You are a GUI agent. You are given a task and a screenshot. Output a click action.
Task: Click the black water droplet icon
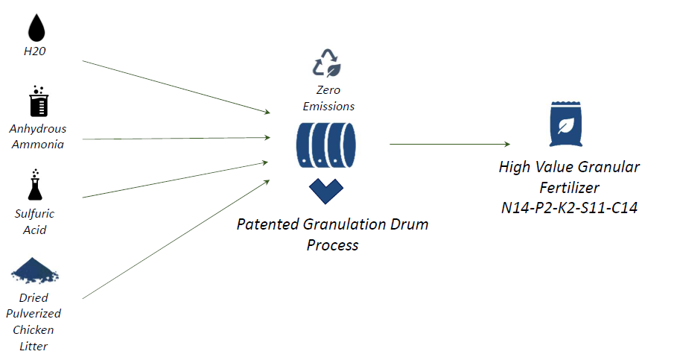36,28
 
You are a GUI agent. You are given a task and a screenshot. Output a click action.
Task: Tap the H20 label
35,51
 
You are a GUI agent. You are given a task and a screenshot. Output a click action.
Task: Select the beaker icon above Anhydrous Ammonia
39,101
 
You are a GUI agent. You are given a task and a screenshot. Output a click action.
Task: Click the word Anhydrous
38,129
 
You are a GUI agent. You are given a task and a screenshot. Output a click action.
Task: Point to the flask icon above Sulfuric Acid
35,185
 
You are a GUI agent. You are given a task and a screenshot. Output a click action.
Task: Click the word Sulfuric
35,213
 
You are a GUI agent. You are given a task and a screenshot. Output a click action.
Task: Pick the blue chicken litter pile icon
35,271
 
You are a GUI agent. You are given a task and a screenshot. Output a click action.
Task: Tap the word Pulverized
34,314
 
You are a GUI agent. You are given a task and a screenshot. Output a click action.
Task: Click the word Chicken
34,329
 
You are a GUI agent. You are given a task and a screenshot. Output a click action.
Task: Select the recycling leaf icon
326,63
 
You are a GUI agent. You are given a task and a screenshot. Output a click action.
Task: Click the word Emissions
328,107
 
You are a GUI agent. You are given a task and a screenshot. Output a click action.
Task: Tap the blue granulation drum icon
326,145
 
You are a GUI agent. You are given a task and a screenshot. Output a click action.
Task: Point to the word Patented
267,224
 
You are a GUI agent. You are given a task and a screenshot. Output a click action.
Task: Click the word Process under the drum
333,245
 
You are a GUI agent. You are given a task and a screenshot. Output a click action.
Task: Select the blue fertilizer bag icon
566,124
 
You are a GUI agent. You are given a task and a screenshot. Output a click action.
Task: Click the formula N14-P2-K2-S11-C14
570,208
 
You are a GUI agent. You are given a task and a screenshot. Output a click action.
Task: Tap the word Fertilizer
570,187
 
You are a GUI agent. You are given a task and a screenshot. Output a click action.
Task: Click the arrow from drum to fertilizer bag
450,144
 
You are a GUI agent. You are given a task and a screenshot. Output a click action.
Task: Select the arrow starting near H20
176,86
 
